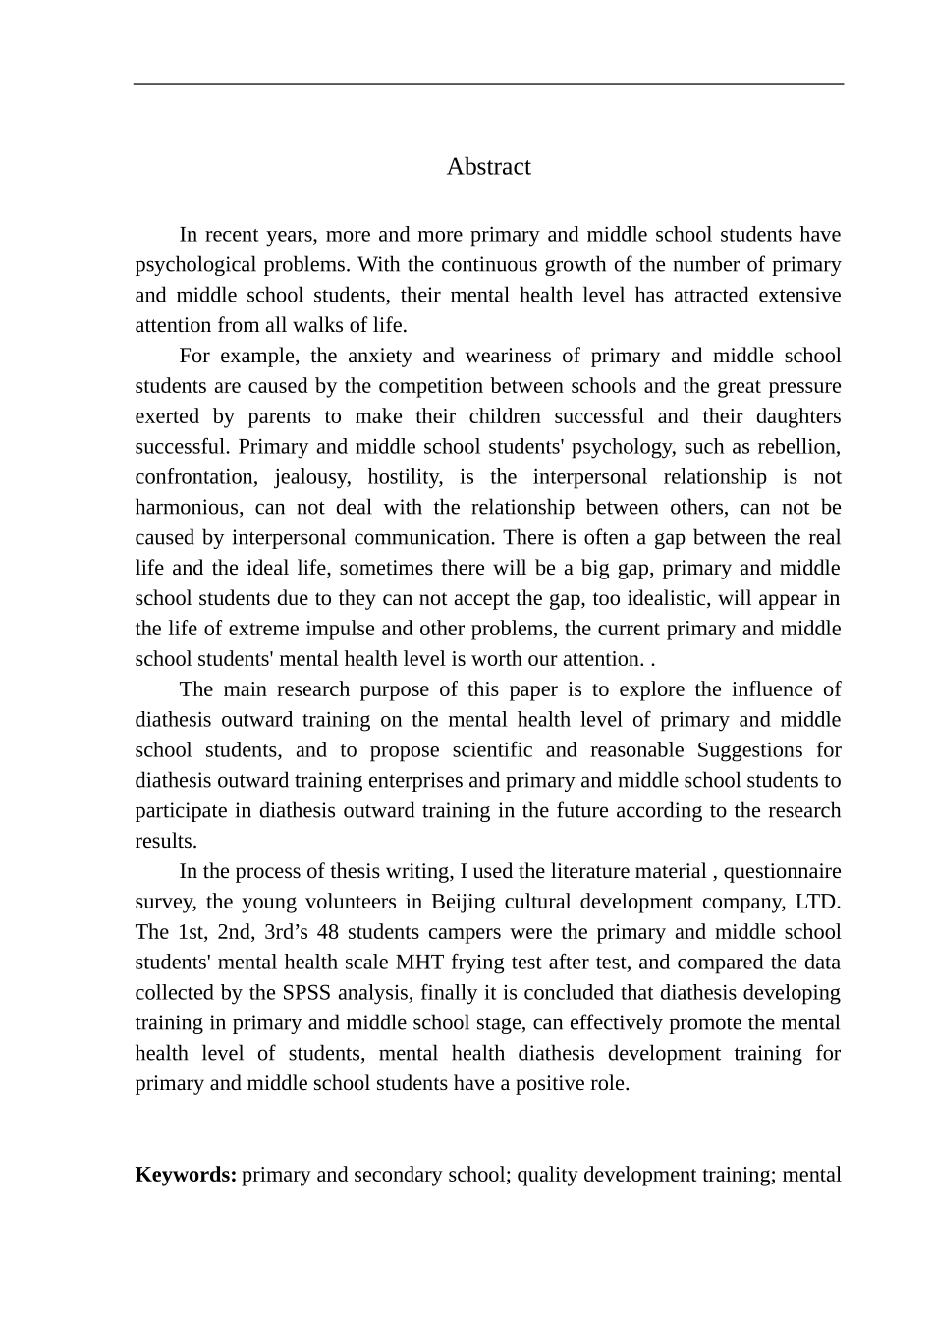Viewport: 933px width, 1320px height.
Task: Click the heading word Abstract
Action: coord(488,167)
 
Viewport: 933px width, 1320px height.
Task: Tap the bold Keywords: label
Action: coord(186,1175)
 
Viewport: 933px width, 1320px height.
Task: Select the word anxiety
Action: coord(377,356)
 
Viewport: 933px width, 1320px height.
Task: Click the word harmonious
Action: coord(188,508)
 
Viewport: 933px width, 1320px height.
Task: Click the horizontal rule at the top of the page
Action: coord(488,84)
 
